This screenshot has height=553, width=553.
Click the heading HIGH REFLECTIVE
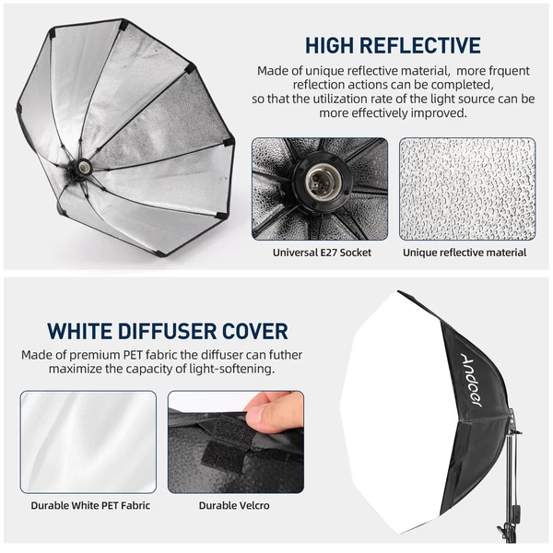coord(393,45)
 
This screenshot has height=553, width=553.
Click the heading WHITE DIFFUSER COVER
coord(168,331)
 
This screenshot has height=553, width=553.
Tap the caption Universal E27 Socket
coord(322,253)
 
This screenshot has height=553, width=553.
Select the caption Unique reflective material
coord(465,253)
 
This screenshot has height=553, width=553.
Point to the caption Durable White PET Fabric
coord(90,505)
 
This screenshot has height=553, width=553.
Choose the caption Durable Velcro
coord(234,505)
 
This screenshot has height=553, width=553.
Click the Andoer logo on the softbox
coord(472,380)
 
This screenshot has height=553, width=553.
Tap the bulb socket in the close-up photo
coord(320,182)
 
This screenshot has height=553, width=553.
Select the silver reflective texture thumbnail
coord(467,189)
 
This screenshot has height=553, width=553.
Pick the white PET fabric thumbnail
coord(88,441)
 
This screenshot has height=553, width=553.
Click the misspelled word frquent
coord(509,71)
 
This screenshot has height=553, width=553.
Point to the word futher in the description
coord(285,355)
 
